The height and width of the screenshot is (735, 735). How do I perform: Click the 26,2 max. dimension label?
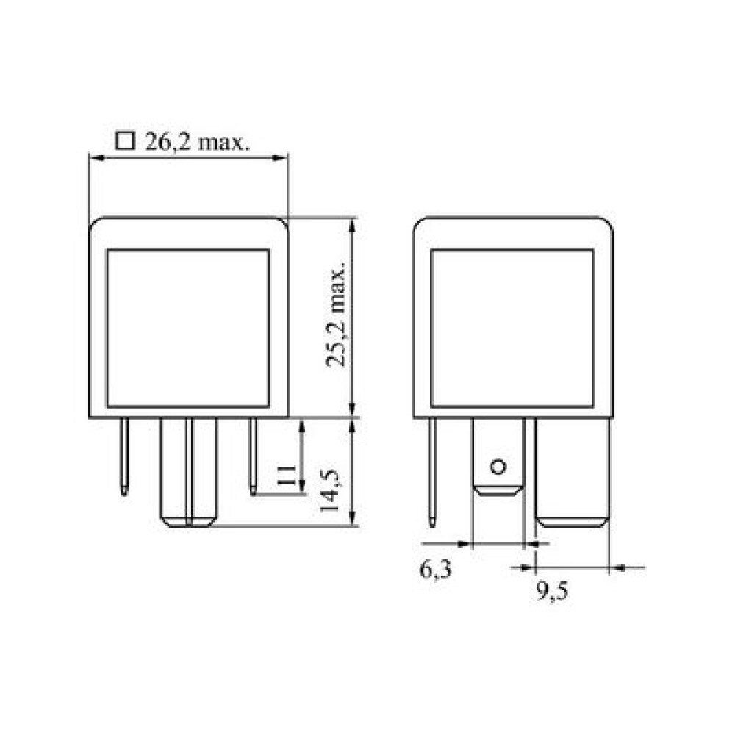(197, 142)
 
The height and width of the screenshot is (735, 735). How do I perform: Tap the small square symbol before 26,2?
(125, 140)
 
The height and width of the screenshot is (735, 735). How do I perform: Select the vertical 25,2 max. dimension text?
(337, 314)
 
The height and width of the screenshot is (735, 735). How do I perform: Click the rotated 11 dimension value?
(286, 475)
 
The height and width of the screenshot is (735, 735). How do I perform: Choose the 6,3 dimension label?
(435, 570)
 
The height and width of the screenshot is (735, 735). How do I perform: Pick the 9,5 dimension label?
(552, 592)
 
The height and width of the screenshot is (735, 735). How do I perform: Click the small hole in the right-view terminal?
(498, 467)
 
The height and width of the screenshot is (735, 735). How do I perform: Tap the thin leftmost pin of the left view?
(124, 456)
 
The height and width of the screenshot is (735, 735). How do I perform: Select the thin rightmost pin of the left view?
(253, 456)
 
